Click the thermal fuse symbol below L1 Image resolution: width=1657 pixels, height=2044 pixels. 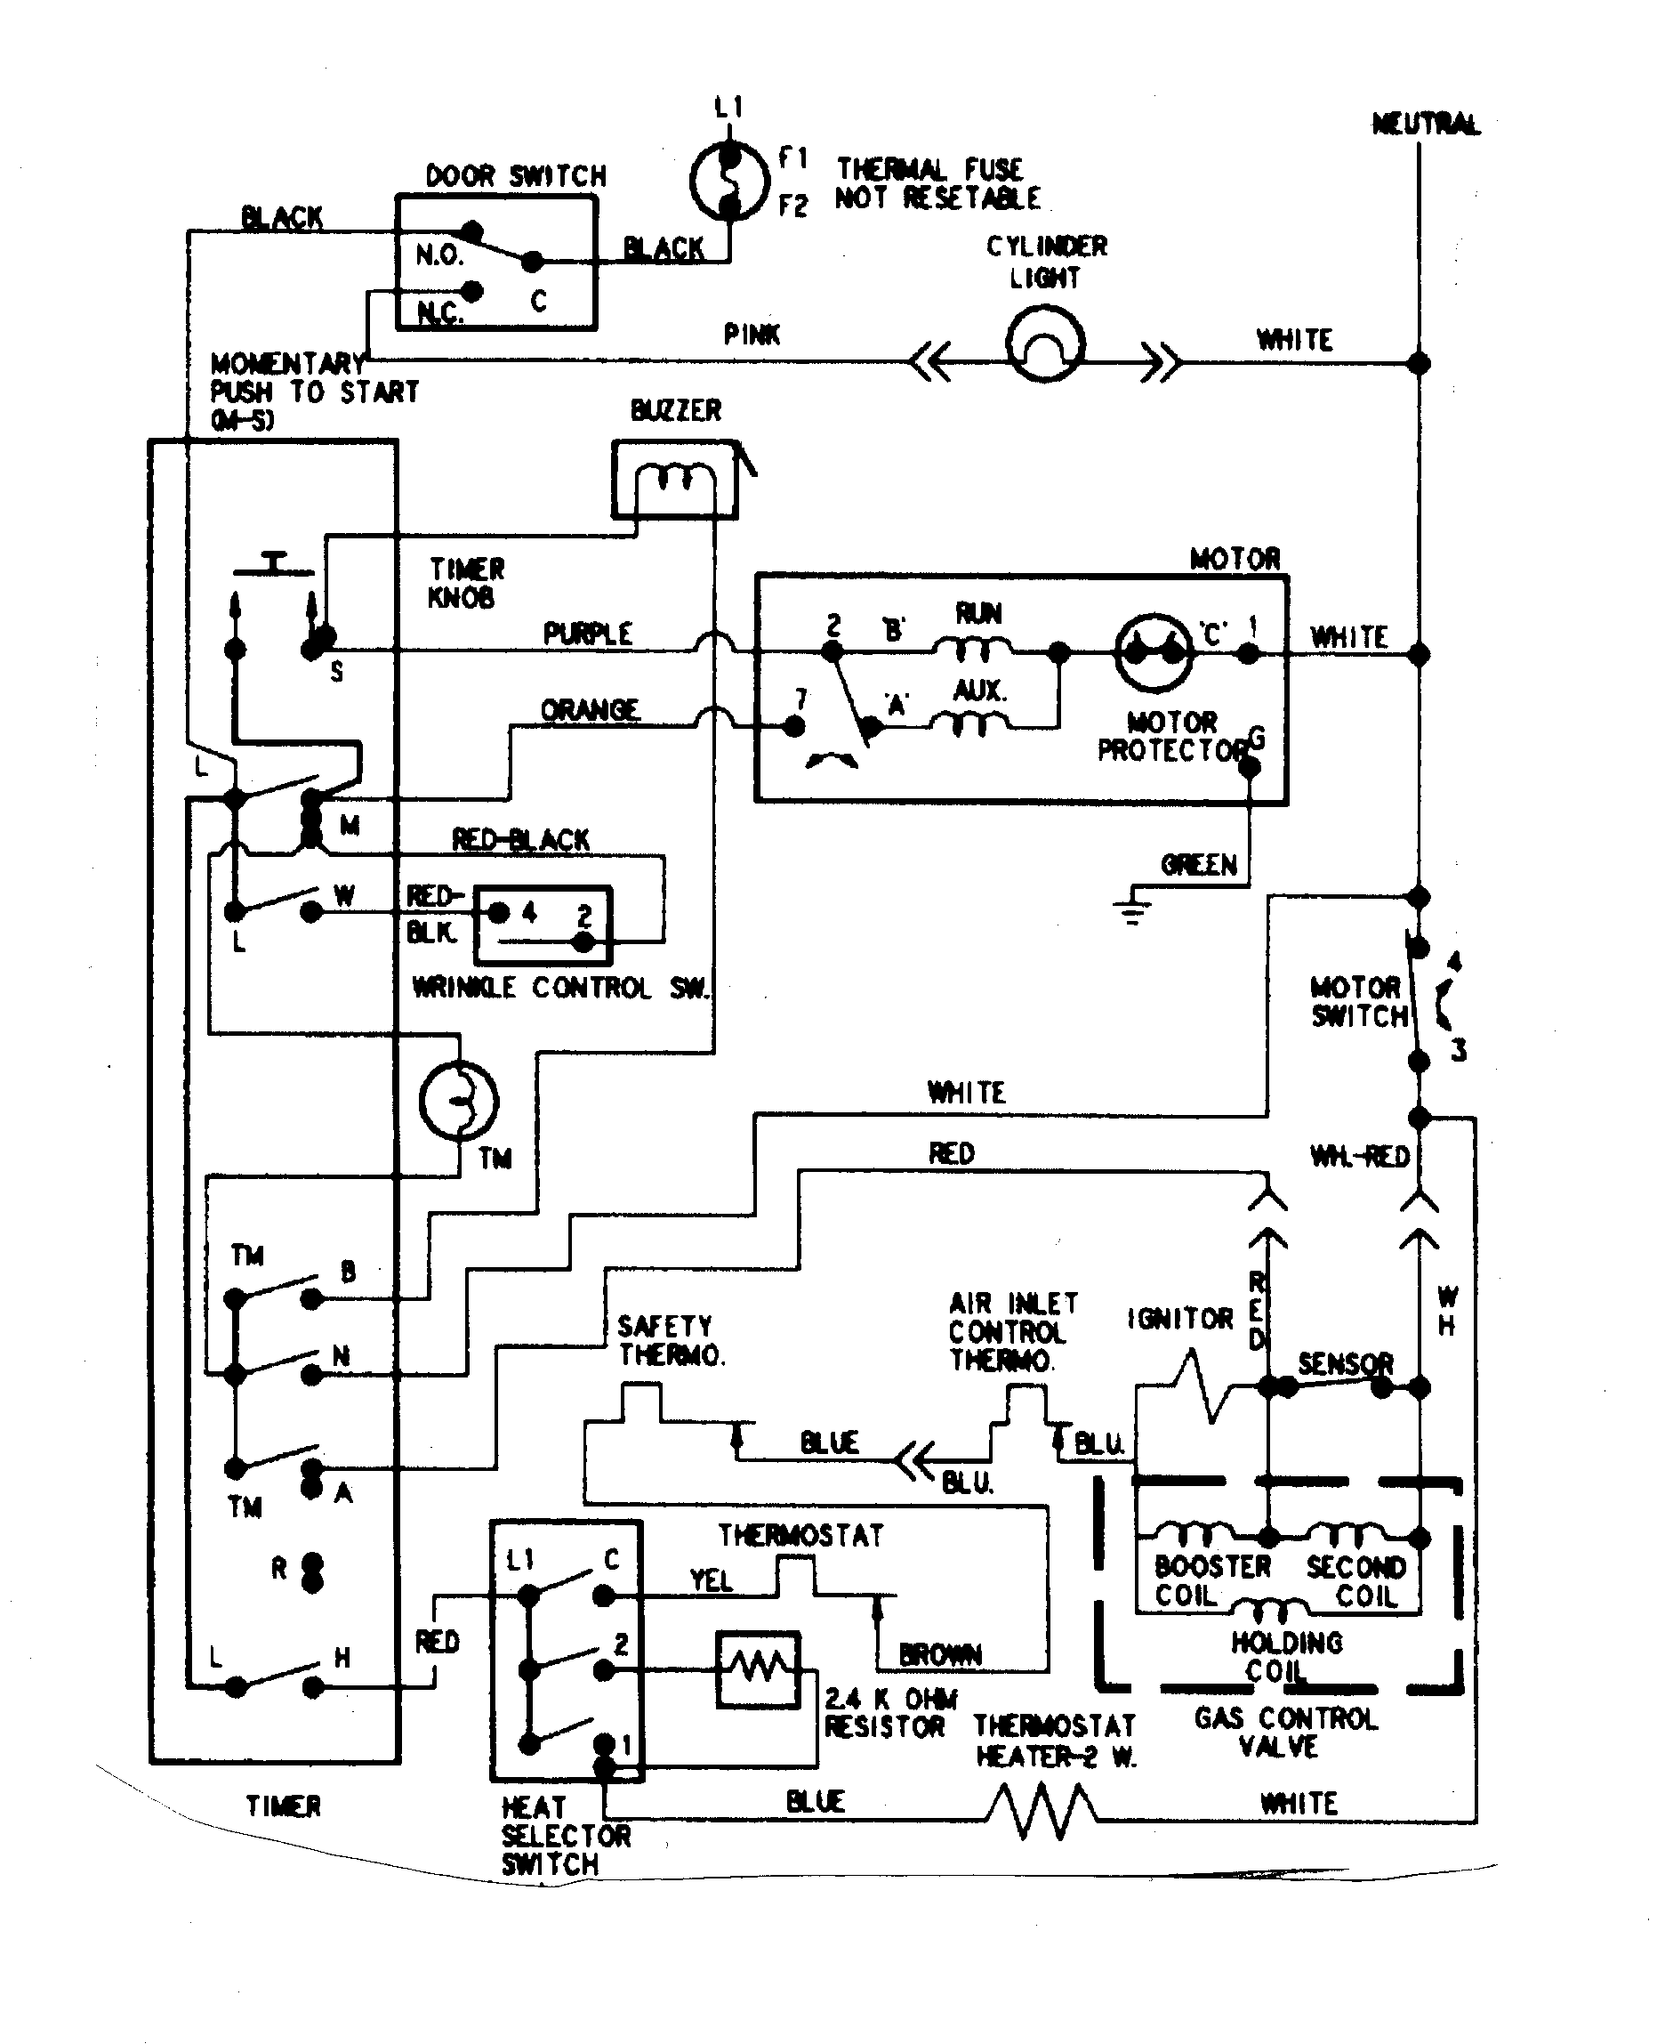728,181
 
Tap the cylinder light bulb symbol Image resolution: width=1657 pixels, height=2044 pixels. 1045,344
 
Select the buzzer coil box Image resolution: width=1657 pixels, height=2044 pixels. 675,480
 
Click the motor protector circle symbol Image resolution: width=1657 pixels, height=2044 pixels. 1154,653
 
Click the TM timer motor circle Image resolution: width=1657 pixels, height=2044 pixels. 458,1101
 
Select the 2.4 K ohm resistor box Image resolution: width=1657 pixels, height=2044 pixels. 758,1668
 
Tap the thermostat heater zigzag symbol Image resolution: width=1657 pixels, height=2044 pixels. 1042,1812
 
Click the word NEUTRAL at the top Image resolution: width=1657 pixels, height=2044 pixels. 1425,124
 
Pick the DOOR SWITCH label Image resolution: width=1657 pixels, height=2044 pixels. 516,176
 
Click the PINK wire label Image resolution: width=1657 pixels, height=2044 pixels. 752,335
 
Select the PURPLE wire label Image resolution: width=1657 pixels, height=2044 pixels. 587,634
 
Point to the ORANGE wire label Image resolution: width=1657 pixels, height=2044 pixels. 590,710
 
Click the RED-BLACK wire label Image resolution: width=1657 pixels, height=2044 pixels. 520,840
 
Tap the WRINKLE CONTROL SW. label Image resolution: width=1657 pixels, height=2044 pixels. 561,987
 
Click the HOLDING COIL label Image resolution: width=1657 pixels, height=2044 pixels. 1286,1656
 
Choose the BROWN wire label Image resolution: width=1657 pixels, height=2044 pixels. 940,1654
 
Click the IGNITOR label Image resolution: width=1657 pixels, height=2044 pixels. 1179,1320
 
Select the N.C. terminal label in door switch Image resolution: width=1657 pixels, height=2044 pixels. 440,312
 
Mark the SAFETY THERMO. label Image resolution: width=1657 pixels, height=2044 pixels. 671,1340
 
